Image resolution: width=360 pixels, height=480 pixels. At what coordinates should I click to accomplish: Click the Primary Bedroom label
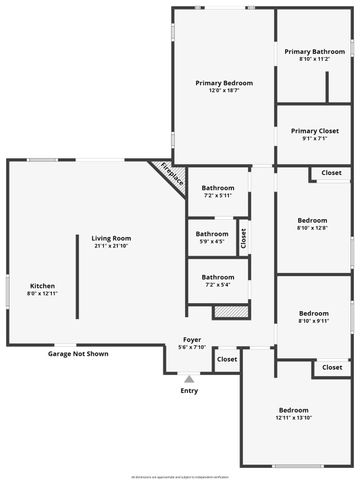click(x=224, y=82)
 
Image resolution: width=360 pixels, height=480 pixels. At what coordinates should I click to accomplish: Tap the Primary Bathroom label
click(x=314, y=51)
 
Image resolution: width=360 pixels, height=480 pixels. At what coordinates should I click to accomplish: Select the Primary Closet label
click(x=314, y=130)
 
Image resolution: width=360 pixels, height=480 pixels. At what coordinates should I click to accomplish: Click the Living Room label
click(x=112, y=238)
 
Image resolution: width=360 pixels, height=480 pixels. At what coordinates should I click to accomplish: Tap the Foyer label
click(x=192, y=340)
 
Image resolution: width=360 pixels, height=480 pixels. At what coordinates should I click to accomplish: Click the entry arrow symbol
click(x=189, y=379)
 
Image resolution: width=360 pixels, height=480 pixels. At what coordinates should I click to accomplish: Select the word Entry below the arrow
click(x=189, y=390)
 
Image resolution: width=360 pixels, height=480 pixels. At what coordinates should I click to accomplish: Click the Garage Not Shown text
click(x=79, y=354)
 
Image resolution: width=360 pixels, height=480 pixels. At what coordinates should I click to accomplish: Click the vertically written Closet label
click(x=243, y=238)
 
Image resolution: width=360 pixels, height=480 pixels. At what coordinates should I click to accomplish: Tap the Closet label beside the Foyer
click(x=227, y=359)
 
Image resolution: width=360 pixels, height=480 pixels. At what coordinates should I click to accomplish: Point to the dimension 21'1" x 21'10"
click(x=112, y=246)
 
